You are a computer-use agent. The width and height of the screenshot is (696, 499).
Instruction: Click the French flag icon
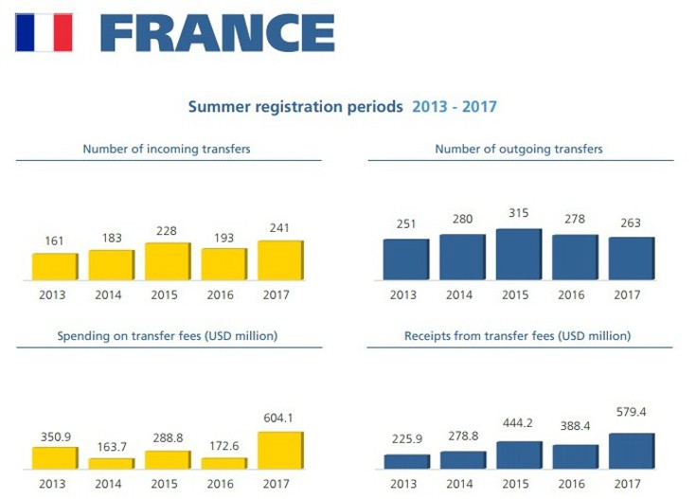(x=44, y=32)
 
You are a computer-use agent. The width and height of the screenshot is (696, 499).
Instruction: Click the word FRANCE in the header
(x=217, y=33)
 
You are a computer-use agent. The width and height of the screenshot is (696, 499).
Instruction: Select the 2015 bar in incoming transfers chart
(x=168, y=261)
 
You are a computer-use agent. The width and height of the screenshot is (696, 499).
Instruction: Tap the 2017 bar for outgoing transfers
(x=631, y=258)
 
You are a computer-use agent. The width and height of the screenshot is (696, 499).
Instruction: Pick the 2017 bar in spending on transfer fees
(x=280, y=451)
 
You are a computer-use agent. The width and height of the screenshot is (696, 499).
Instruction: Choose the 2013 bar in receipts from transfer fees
(x=406, y=461)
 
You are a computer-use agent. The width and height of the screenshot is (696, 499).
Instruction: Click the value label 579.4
(x=631, y=412)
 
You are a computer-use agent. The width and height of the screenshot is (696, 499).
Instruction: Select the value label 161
(x=55, y=241)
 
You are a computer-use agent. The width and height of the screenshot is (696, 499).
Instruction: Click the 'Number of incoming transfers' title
(x=167, y=149)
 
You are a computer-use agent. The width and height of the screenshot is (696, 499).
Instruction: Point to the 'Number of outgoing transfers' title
(x=519, y=149)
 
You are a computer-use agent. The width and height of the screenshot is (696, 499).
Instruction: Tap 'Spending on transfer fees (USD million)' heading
(x=167, y=336)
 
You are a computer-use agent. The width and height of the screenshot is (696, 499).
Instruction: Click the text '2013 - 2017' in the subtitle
(x=455, y=107)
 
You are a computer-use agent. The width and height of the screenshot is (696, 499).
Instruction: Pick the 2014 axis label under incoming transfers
(x=109, y=294)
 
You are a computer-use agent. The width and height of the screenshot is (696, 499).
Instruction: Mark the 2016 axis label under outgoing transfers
(x=571, y=294)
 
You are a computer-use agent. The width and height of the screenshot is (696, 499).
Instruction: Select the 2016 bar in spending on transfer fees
(x=224, y=463)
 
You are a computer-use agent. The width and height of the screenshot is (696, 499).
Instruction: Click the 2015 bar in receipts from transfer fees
(x=518, y=455)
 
